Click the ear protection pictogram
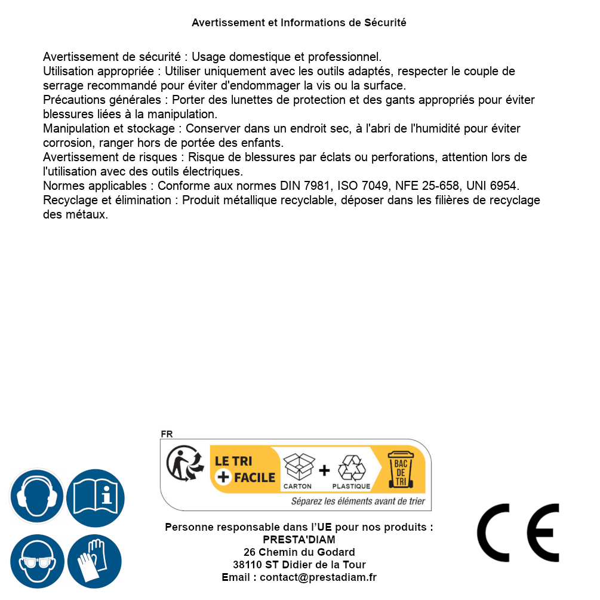pos(36,497)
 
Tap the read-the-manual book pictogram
pos(96,497)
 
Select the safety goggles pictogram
pos(36,561)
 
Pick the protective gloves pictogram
pos(96,561)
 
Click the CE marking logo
pos(518,533)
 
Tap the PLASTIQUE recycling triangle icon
pos(351,468)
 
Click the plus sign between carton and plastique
pos(324,470)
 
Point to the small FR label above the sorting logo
pos(167,435)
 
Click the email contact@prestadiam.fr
pos(318,577)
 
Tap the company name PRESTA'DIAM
pos(299,540)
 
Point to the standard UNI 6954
pos(493,186)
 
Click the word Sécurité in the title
pos(385,23)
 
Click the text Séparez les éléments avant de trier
pos(358,501)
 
